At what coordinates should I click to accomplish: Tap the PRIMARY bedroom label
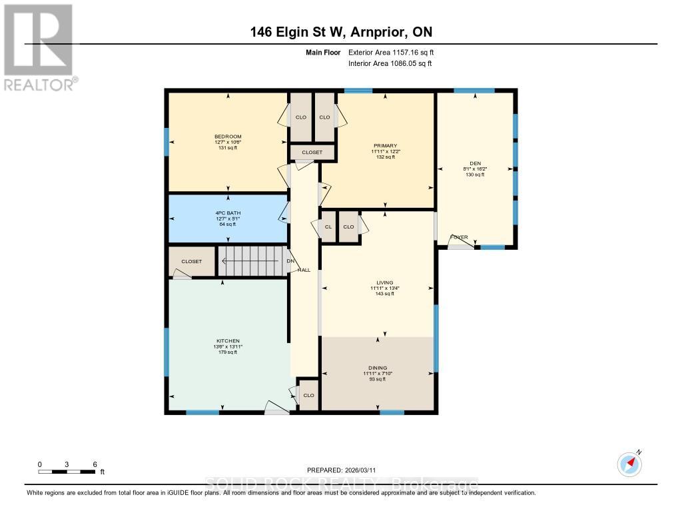pos(385,145)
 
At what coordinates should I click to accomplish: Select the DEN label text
pos(475,163)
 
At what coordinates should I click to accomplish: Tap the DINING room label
pos(377,368)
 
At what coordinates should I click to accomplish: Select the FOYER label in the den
pos(460,237)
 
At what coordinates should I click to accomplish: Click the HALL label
pos(304,270)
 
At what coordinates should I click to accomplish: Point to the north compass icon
pos(629,462)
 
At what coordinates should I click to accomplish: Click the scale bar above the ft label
pos(67,472)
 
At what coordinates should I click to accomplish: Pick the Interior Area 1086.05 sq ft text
pos(390,63)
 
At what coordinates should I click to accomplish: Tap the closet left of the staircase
pos(192,261)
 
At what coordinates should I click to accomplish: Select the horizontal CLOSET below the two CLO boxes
pos(312,153)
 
